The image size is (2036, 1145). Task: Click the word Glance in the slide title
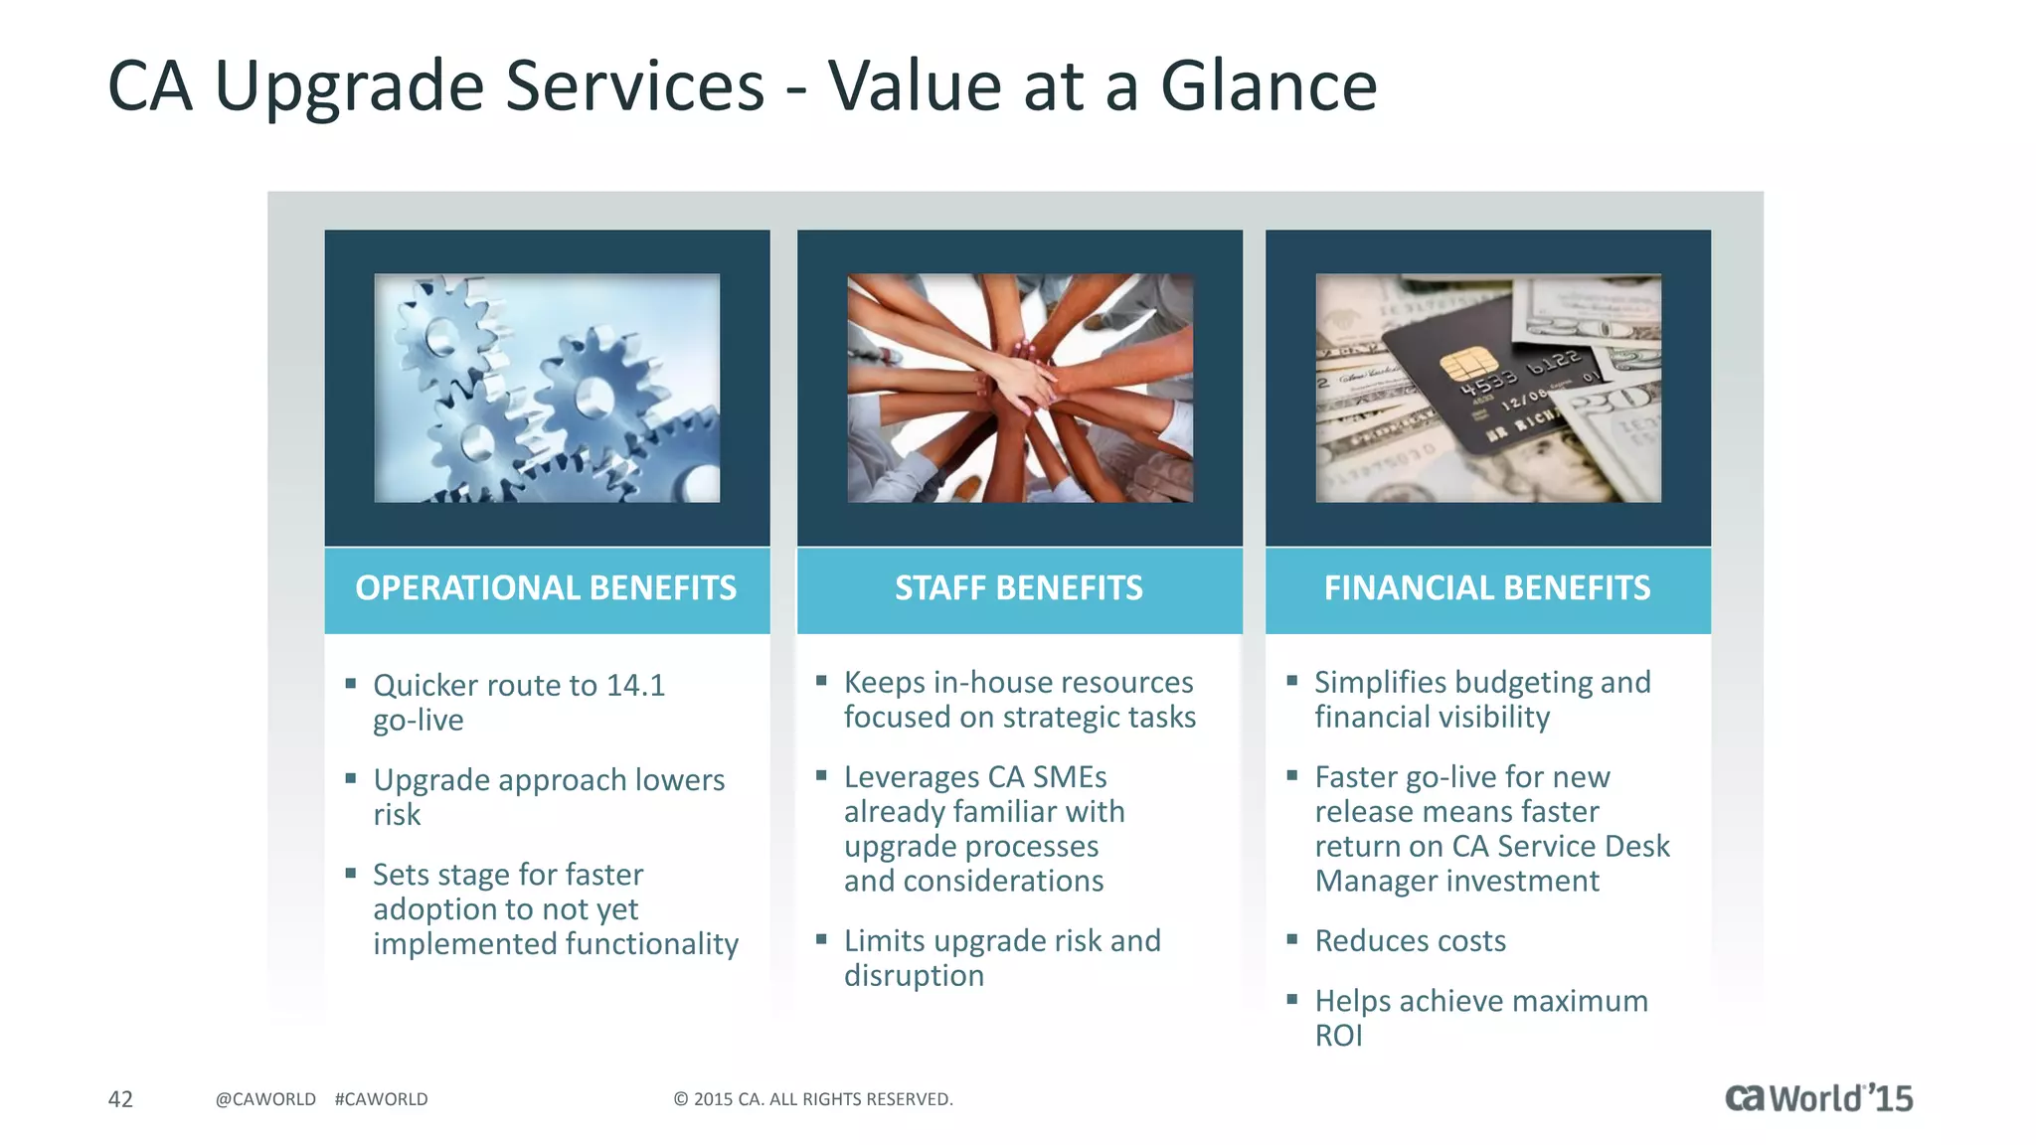click(1269, 85)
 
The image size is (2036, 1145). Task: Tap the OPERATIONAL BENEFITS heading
click(546, 588)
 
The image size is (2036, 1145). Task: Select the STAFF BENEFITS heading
click(1019, 588)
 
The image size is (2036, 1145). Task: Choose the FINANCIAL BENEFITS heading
click(1487, 588)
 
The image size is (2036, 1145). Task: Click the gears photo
click(547, 388)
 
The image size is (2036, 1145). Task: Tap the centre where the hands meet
click(1024, 383)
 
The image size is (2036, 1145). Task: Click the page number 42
click(120, 1099)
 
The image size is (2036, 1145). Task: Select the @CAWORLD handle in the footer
click(265, 1099)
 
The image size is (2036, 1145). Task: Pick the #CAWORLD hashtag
click(381, 1099)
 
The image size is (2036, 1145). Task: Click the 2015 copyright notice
click(813, 1099)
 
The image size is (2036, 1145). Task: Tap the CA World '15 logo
click(1818, 1098)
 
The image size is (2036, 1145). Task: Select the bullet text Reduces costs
click(1410, 941)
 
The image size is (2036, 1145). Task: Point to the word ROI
click(1338, 1036)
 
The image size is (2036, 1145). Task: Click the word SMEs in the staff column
click(1070, 777)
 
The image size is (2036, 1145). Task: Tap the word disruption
click(914, 976)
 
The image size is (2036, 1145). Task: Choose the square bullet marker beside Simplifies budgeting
click(1292, 681)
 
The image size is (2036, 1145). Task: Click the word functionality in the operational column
click(638, 944)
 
